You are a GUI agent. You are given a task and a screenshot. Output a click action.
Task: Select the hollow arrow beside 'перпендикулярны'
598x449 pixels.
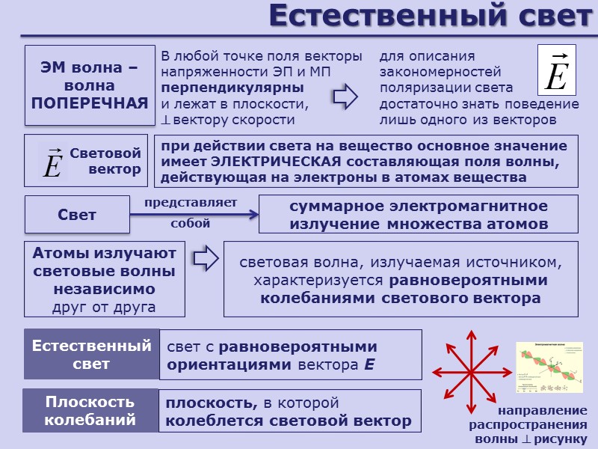point(344,96)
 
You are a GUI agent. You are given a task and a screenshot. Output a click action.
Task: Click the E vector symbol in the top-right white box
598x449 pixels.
point(556,73)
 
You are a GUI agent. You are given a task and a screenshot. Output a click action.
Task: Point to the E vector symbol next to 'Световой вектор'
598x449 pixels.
point(52,162)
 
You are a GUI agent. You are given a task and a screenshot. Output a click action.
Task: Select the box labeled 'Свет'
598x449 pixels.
point(77,215)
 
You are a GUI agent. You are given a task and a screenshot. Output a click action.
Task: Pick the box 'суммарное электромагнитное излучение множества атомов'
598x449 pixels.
point(418,215)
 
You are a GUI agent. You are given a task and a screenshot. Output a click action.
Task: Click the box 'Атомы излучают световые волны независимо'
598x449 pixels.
point(105,279)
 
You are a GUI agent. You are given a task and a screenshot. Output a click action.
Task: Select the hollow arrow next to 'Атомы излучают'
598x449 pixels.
point(205,257)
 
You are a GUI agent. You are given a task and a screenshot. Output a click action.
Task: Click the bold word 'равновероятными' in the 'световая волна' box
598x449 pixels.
point(469,281)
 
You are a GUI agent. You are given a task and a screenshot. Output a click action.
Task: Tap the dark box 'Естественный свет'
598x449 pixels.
point(91,355)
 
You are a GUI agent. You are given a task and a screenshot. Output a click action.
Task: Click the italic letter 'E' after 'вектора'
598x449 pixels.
point(369,366)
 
